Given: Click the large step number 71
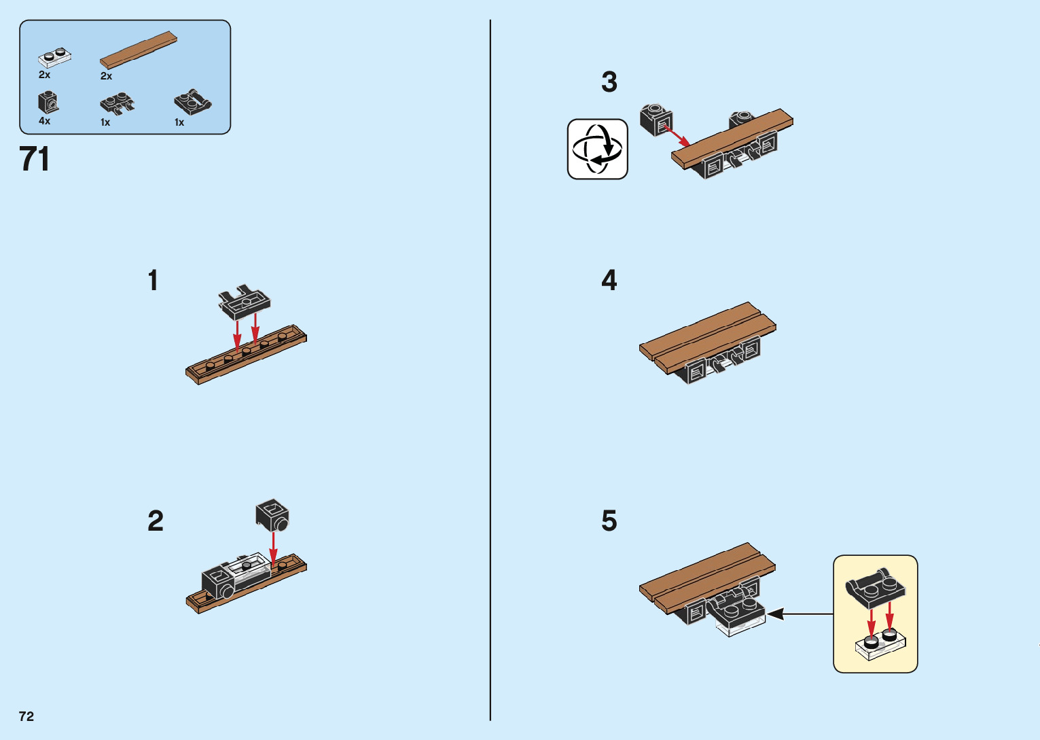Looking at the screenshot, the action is (x=34, y=159).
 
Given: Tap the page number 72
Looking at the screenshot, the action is (x=26, y=716).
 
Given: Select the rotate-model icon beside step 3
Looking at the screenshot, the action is (x=598, y=149).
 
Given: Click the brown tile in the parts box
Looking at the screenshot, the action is (x=139, y=50).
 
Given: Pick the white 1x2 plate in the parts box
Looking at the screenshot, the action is (x=55, y=57).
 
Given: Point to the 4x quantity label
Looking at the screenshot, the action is (x=45, y=121).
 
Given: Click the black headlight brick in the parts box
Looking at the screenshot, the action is (x=48, y=102).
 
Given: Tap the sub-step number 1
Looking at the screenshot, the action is (x=154, y=280).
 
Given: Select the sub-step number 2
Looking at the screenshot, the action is (x=156, y=521).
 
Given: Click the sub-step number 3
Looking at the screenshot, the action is (x=609, y=82).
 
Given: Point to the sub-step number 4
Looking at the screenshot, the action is (x=609, y=280).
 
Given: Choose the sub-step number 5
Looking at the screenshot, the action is (x=609, y=521).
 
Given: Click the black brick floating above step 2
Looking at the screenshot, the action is (x=272, y=515).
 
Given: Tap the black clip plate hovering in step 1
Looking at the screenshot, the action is (x=245, y=302).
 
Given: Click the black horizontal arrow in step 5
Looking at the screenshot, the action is (x=800, y=614).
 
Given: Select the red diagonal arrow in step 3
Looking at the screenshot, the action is (x=677, y=135).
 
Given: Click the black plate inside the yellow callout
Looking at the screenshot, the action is (x=876, y=588).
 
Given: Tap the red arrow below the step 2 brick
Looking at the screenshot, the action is (x=273, y=550).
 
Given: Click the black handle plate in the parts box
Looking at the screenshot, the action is (x=193, y=102).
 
